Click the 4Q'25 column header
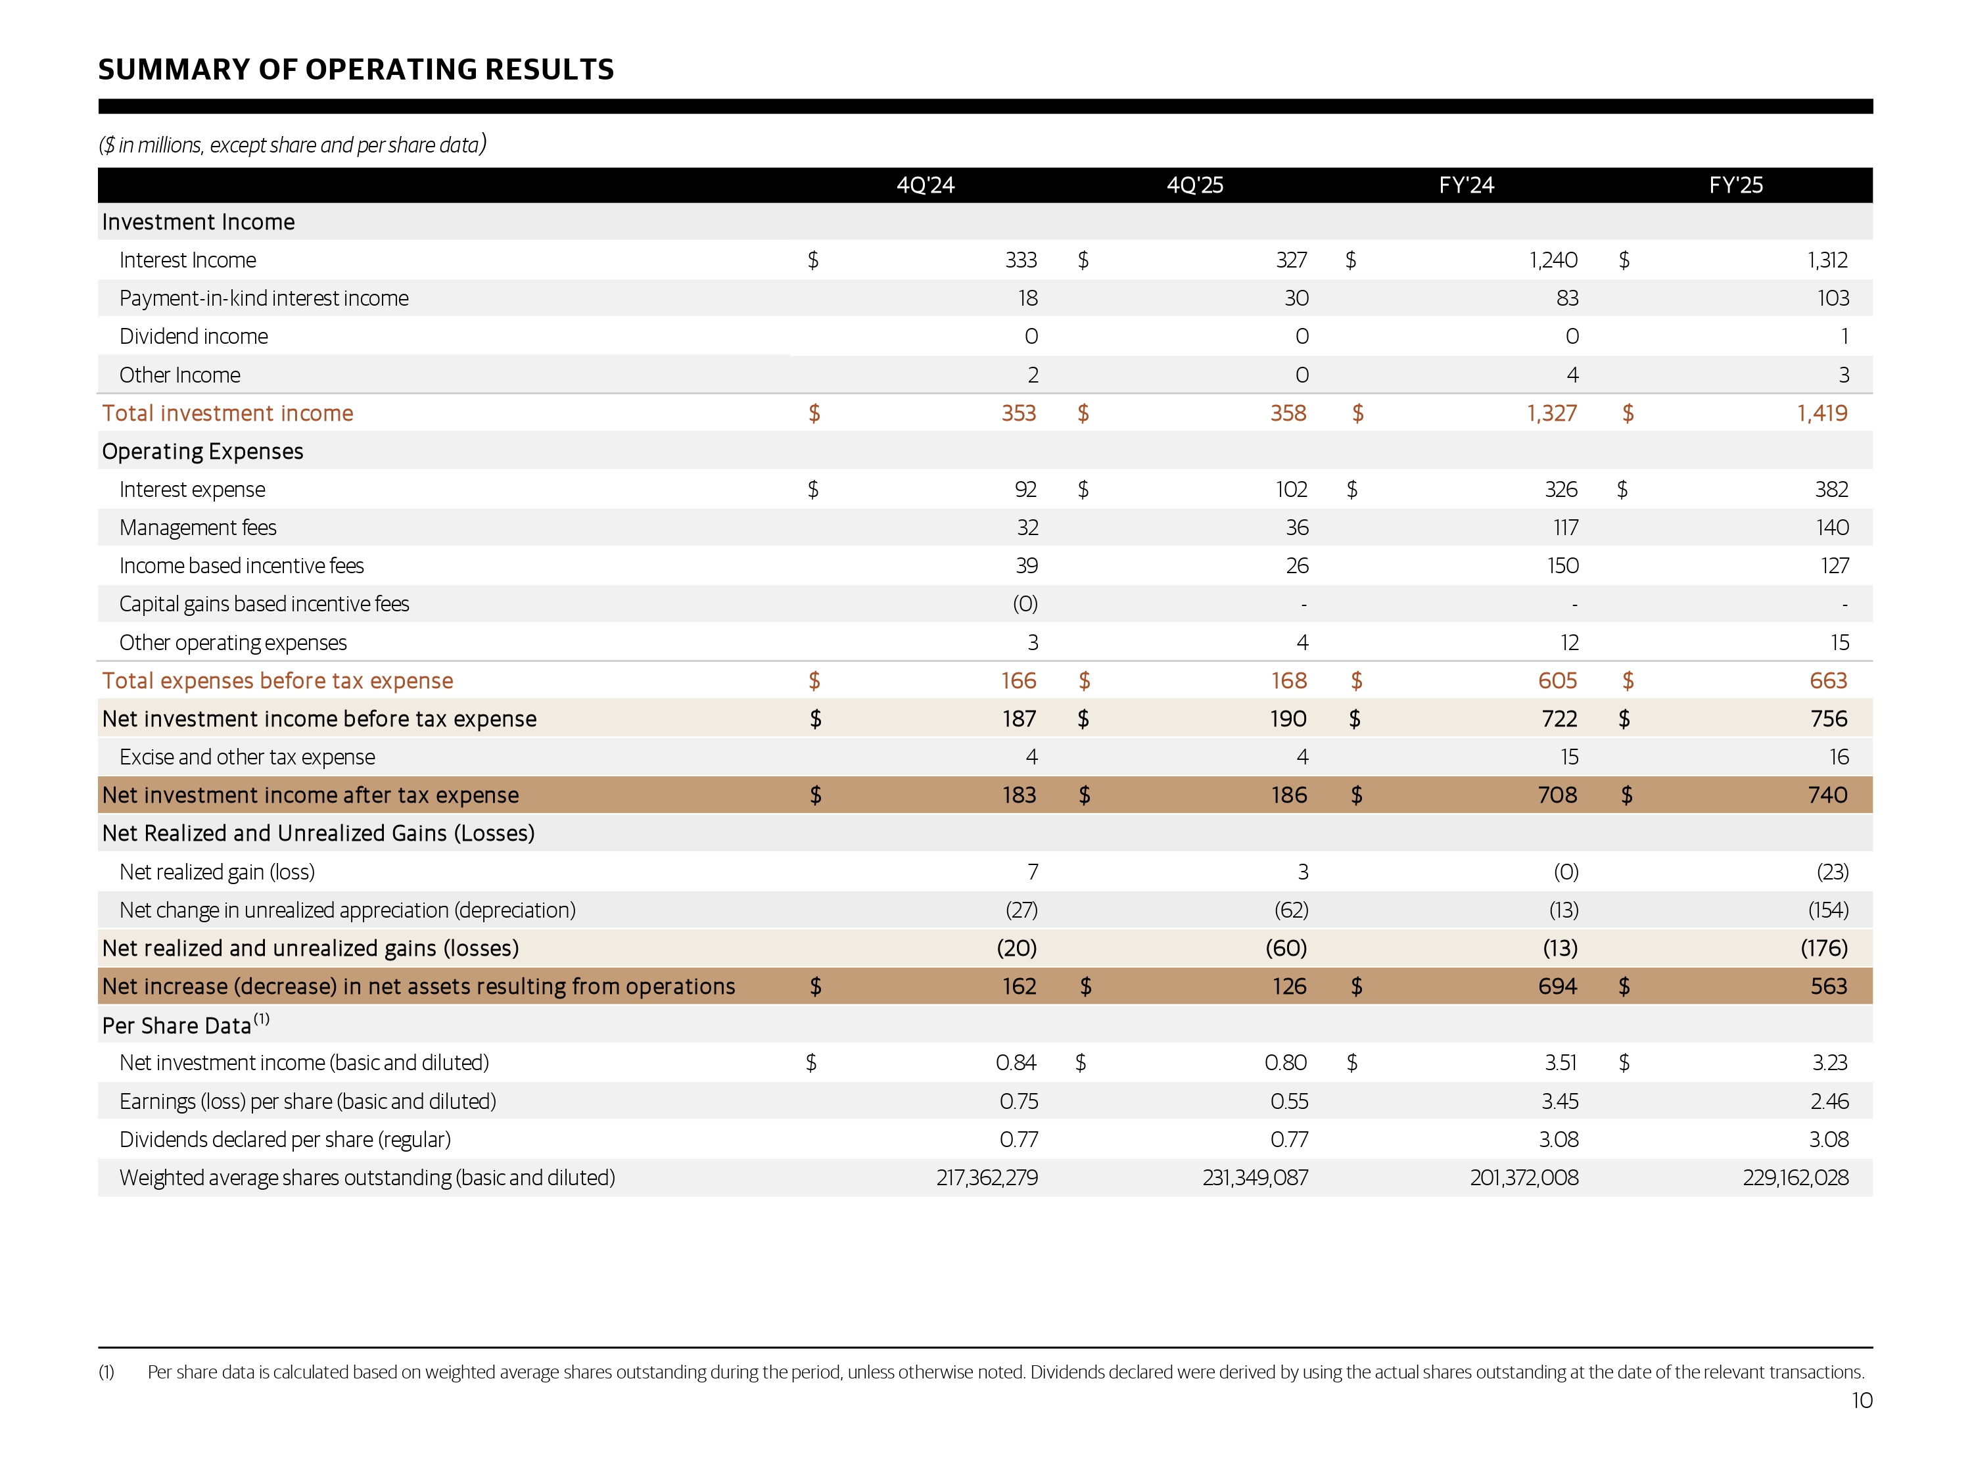(1194, 185)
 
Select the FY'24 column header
(1466, 185)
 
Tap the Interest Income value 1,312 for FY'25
(1827, 260)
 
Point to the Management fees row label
(198, 528)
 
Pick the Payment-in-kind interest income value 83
(1566, 298)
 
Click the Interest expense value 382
(1831, 490)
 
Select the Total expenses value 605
(1557, 681)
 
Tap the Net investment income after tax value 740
(1827, 795)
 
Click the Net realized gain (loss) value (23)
(1832, 872)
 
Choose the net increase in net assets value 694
(1557, 987)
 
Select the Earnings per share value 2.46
(1829, 1102)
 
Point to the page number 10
(1862, 1401)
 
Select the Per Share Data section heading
(177, 1026)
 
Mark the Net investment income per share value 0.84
(1016, 1063)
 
